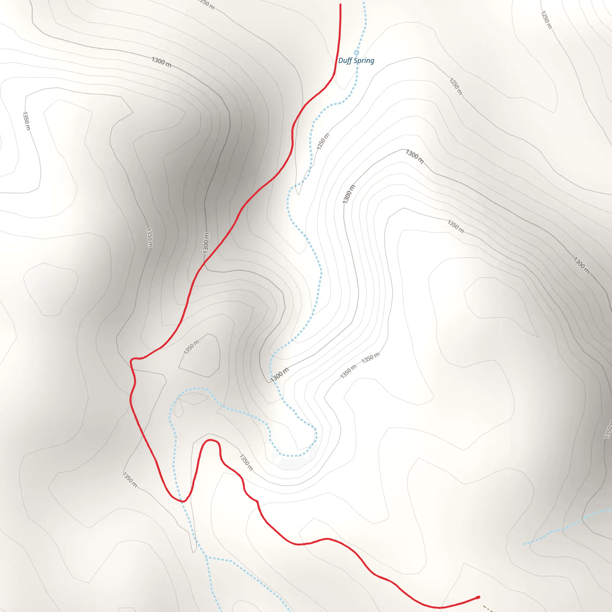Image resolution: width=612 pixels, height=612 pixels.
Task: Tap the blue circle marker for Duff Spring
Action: [x=357, y=53]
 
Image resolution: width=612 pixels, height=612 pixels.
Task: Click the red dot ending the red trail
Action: [x=478, y=597]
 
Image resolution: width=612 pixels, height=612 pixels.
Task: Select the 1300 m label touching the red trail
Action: [x=206, y=243]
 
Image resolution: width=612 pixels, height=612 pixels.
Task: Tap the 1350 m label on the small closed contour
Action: [x=192, y=347]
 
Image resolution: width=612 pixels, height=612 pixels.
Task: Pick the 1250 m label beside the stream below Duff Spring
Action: [x=323, y=142]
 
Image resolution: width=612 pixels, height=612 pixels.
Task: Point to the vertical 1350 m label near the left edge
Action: [x=26, y=121]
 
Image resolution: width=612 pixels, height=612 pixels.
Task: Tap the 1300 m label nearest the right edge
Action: [x=582, y=265]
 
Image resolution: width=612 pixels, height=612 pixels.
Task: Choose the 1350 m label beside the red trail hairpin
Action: [x=246, y=463]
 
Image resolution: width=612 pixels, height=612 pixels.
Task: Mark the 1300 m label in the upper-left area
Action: [x=162, y=62]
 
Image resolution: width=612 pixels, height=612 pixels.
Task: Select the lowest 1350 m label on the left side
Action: [x=130, y=480]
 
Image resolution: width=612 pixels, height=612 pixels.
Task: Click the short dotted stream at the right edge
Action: [x=567, y=527]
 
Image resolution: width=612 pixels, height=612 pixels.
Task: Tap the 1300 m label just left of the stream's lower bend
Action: [x=279, y=375]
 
